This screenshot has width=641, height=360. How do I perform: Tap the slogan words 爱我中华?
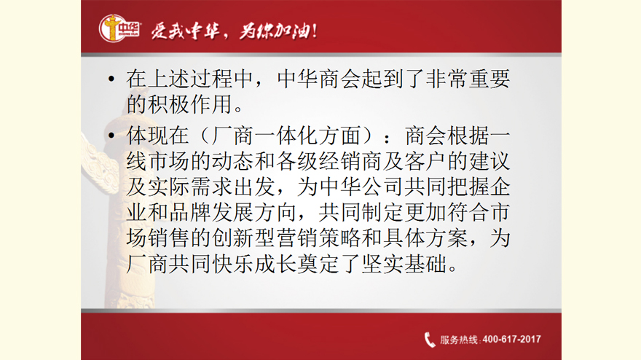click(185, 31)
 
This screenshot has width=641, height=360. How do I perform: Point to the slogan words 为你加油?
click(274, 31)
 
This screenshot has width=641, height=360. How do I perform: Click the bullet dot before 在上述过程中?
click(111, 79)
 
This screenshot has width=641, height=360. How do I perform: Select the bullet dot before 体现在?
click(111, 136)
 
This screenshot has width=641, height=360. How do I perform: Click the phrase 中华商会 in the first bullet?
click(319, 79)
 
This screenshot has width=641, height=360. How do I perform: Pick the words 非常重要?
click(468, 79)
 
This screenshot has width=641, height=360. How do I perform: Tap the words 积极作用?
click(190, 104)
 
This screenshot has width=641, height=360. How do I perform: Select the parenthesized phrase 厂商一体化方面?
click(287, 136)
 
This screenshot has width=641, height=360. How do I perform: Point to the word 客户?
click(425, 161)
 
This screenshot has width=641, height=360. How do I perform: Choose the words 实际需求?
click(190, 187)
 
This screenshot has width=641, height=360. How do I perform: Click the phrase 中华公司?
click(361, 187)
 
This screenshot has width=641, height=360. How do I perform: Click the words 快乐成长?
click(254, 265)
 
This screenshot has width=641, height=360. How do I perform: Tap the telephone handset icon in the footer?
click(430, 340)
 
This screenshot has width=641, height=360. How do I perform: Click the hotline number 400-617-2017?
click(511, 340)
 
